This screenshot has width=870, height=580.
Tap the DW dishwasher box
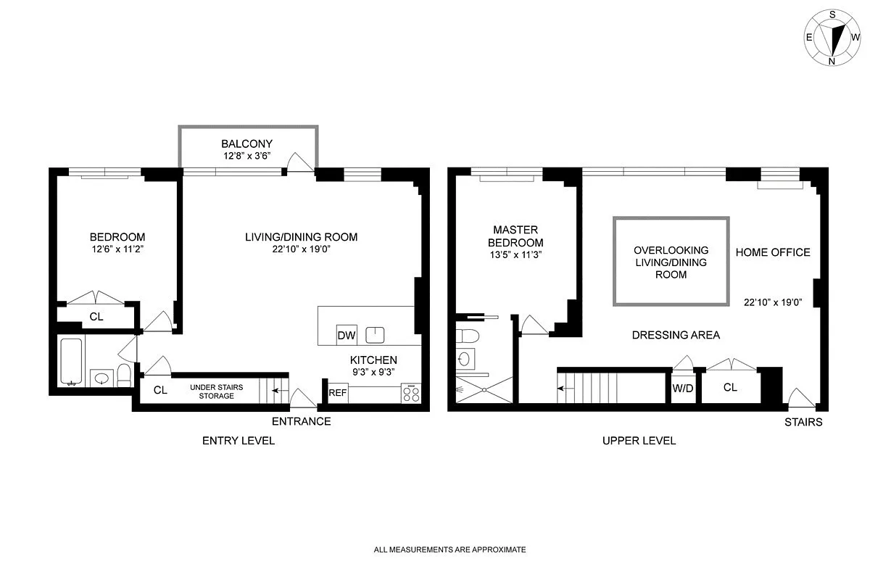point(346,335)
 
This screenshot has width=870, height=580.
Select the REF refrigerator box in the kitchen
point(337,392)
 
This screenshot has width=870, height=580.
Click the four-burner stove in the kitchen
point(411,393)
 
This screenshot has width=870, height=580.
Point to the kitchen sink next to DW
point(375,334)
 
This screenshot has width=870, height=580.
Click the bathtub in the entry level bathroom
point(71,361)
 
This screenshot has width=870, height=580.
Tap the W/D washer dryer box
point(682,388)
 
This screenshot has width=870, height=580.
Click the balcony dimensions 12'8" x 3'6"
point(247,156)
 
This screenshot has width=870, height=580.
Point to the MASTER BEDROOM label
point(515,236)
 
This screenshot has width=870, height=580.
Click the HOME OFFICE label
point(773,252)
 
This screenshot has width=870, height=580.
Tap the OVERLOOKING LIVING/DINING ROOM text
point(671,262)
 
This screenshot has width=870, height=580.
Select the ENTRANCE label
point(301,421)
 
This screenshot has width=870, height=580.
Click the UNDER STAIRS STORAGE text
point(217,391)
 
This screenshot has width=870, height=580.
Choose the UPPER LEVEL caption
point(639,440)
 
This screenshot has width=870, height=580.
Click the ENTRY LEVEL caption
point(239,440)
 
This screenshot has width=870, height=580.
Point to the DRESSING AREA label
point(676,335)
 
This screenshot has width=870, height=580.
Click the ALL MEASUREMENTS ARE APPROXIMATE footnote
point(449,550)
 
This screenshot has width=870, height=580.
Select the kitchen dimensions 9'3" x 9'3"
point(373,372)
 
